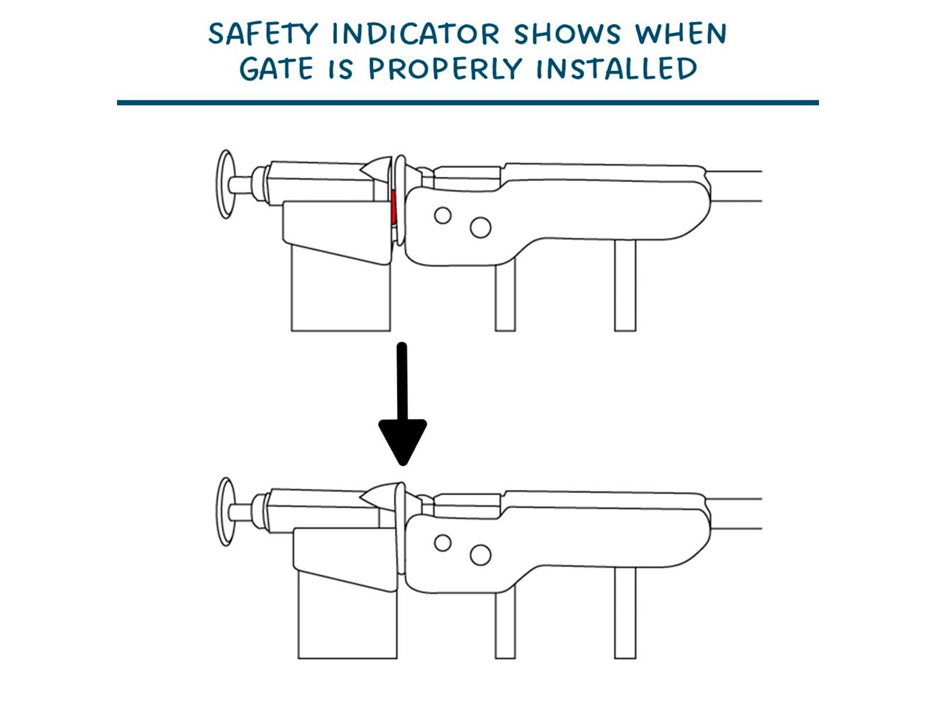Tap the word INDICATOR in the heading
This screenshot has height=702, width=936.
point(416,34)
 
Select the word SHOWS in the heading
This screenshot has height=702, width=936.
point(567,34)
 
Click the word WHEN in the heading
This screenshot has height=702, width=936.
point(681,34)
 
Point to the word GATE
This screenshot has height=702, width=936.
point(276,69)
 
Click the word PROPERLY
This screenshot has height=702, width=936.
point(444,69)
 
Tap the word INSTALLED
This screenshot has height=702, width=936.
point(617,69)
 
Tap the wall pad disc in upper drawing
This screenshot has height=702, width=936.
point(226,184)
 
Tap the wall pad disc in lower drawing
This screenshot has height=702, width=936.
point(226,512)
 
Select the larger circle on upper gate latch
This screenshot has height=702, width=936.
point(480,228)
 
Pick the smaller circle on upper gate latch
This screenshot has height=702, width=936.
point(443,215)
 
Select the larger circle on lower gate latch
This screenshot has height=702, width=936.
point(480,555)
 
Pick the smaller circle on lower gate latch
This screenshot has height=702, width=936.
point(443,543)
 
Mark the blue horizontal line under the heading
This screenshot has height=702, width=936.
point(467,102)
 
